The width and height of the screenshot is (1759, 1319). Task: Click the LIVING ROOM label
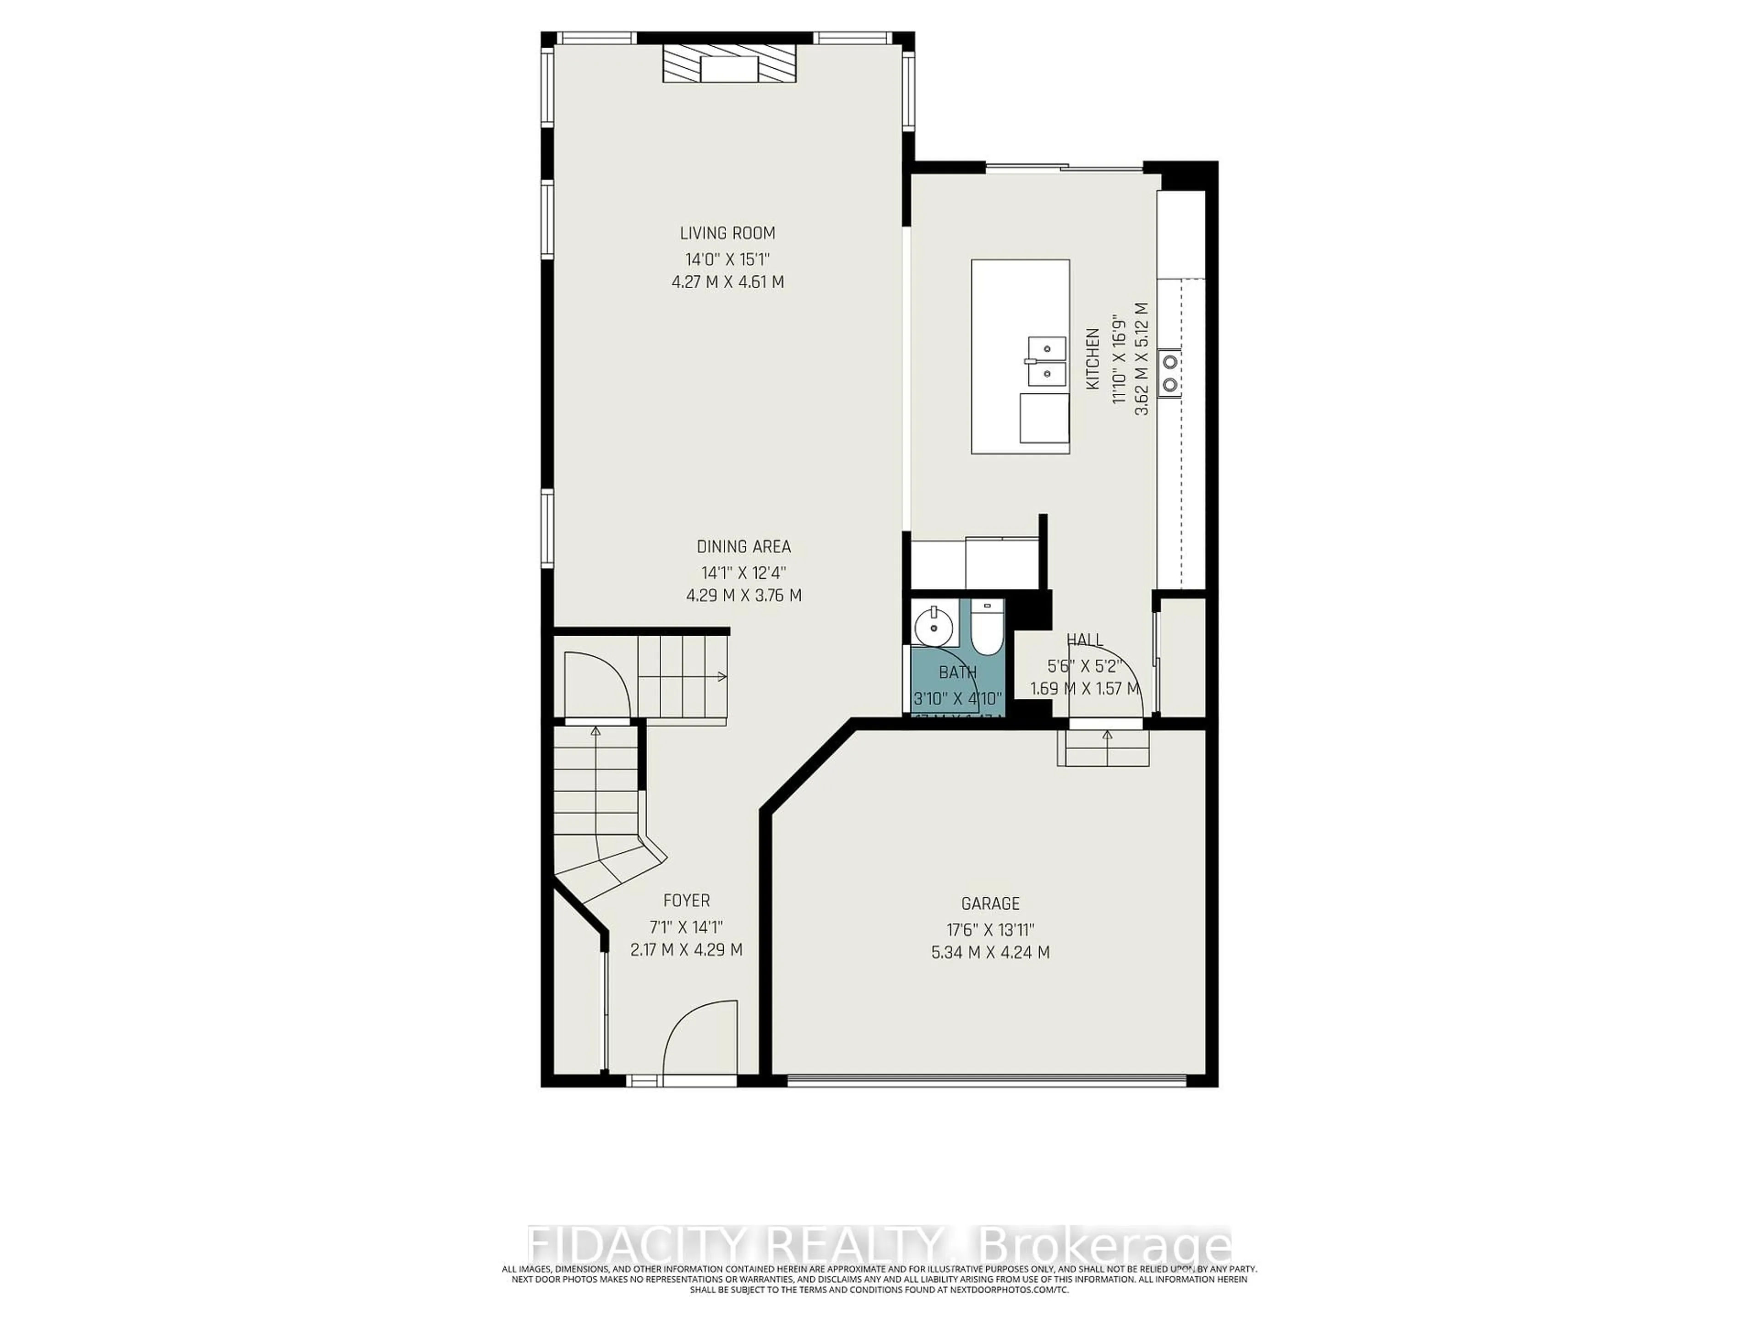(727, 233)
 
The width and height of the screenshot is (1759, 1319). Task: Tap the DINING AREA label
(743, 547)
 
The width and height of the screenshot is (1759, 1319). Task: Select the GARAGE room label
(990, 904)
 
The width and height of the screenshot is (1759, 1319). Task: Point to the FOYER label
(686, 901)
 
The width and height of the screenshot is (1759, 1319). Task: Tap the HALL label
(1085, 640)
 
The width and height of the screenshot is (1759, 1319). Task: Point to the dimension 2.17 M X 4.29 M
(686, 950)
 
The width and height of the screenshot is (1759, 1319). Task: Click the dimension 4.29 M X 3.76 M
(743, 595)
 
